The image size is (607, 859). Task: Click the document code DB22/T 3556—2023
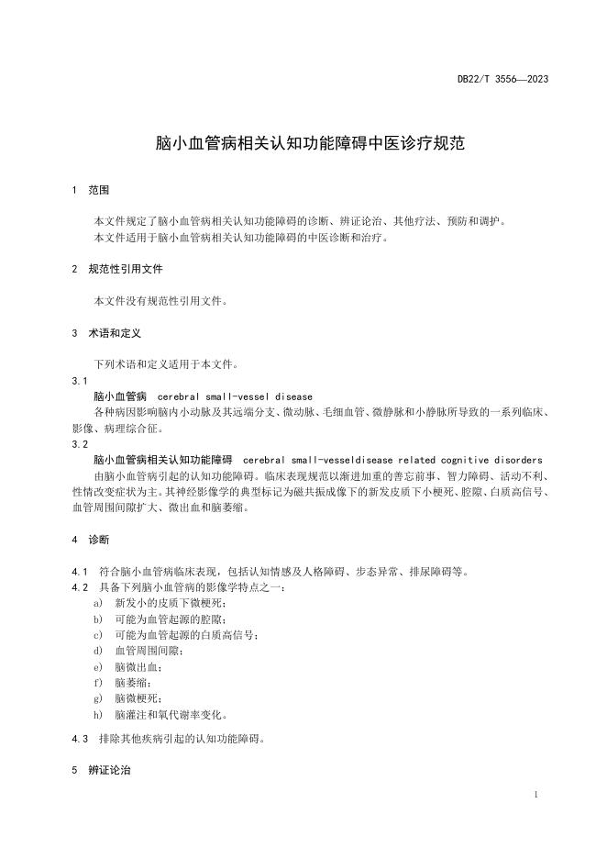(502, 80)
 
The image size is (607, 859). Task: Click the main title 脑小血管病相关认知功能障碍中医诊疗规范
(311, 144)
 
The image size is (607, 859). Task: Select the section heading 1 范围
(91, 191)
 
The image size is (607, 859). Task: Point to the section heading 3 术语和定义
(106, 333)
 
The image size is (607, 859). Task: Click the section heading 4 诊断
(91, 540)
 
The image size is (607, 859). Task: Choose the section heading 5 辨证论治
(101, 770)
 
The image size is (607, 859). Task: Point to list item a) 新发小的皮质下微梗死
(169, 603)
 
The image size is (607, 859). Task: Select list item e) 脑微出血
(138, 666)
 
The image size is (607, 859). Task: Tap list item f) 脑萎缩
(131, 683)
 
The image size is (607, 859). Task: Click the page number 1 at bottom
(535, 793)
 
